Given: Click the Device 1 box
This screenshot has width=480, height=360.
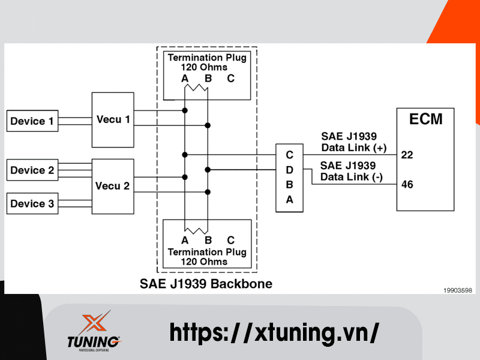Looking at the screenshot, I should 32,122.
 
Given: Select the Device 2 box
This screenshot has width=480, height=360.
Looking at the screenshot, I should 32,170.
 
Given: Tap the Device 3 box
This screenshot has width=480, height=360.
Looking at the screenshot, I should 32,204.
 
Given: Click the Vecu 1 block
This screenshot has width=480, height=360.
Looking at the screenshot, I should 113,120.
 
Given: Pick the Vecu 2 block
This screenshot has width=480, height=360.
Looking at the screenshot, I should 113,186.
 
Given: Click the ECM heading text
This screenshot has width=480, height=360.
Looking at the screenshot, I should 425,119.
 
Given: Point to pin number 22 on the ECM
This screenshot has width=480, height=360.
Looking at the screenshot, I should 407,155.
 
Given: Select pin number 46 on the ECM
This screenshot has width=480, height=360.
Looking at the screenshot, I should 407,184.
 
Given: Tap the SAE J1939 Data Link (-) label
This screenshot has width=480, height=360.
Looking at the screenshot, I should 348,171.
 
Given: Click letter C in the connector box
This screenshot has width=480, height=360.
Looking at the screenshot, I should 289,155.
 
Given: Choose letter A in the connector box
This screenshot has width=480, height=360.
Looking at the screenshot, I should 289,200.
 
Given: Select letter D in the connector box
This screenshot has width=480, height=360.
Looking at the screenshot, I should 289,170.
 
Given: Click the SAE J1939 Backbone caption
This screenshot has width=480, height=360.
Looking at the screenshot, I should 206,283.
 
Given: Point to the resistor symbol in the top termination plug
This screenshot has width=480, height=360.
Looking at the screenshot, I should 196,89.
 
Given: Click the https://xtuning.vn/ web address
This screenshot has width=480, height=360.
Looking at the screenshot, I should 274,332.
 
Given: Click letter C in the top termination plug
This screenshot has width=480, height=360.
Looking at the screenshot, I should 231,79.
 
